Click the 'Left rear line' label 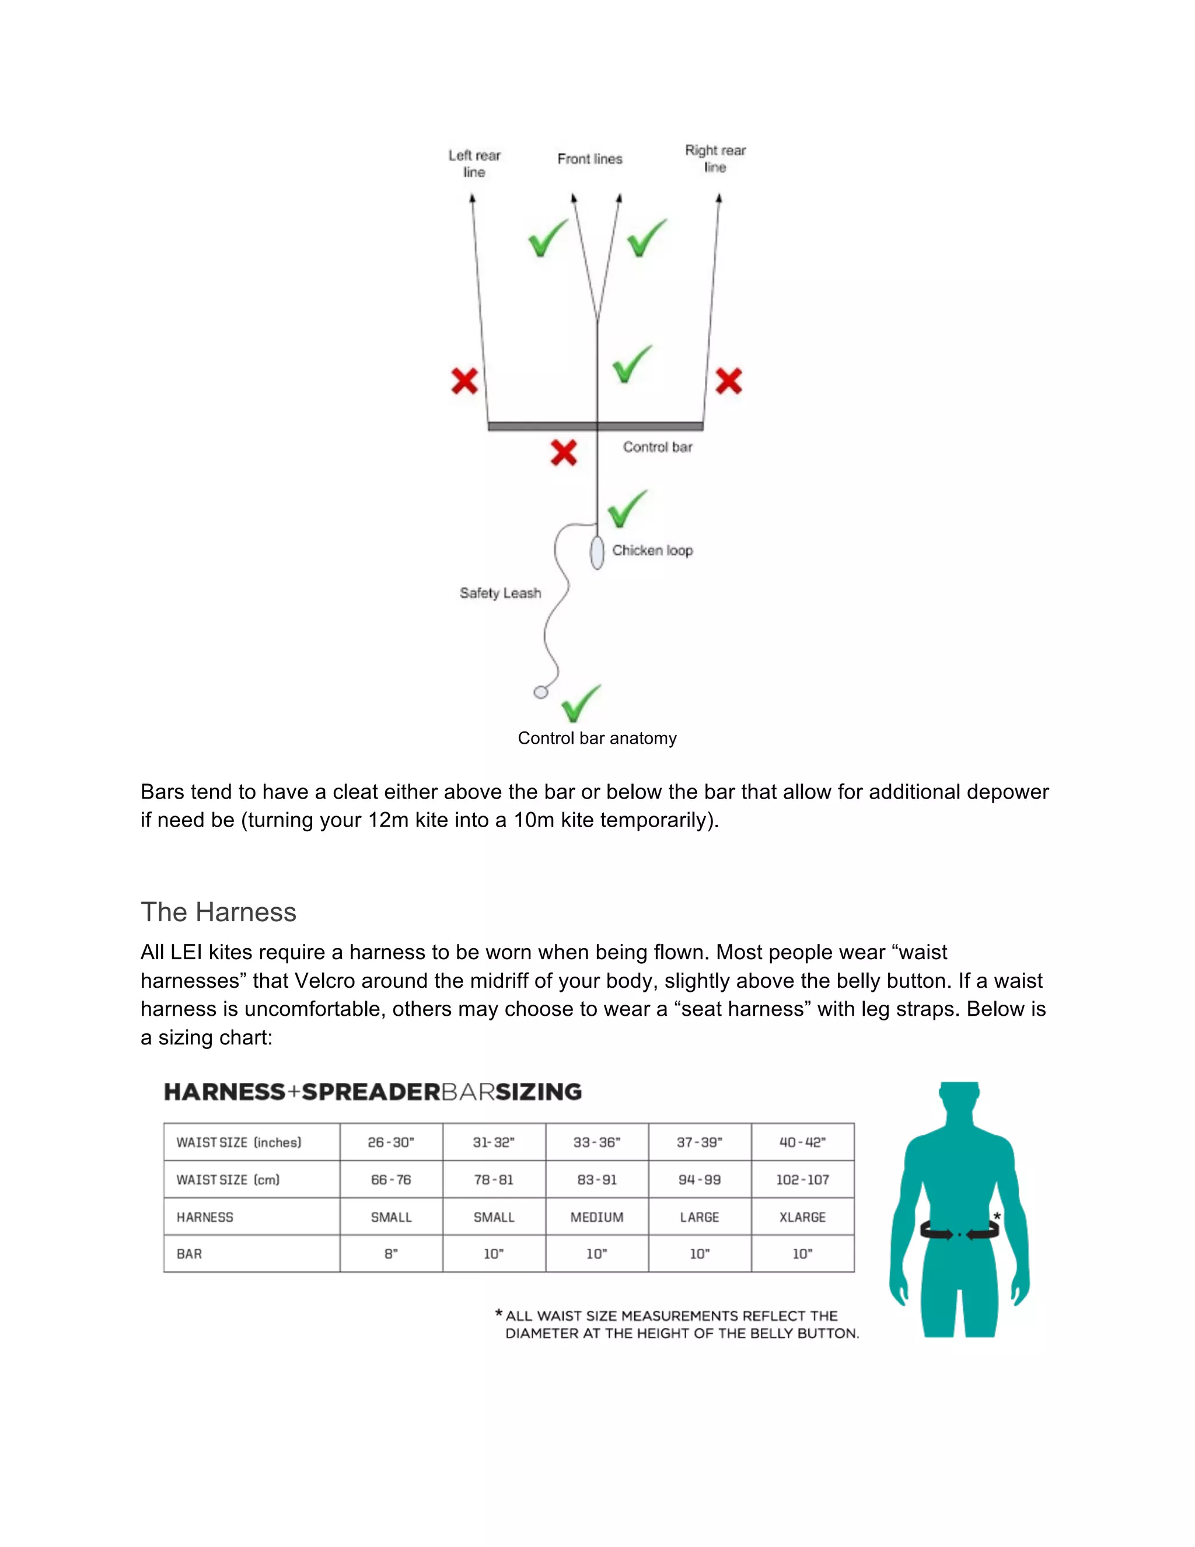tap(474, 163)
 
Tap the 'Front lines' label tap(590, 159)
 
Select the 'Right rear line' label tap(715, 159)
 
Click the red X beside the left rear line tap(464, 381)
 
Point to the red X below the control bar tap(564, 452)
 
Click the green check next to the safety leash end tap(581, 703)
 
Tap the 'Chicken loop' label tap(652, 550)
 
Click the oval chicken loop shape tap(597, 552)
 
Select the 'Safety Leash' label tap(500, 593)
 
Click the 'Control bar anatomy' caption tap(597, 738)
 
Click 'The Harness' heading tap(218, 912)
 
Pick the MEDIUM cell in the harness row tap(597, 1217)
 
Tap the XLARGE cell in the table tap(802, 1217)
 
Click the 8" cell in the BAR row tap(391, 1254)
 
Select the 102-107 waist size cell tap(802, 1179)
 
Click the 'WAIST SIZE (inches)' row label tap(239, 1142)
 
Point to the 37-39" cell tap(700, 1142)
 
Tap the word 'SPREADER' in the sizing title tap(371, 1092)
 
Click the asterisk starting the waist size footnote tap(499, 1314)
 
